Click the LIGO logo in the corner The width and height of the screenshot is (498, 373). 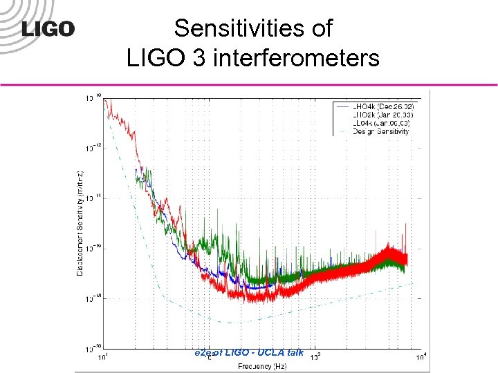[x=48, y=28]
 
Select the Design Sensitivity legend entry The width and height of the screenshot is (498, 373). [x=380, y=131]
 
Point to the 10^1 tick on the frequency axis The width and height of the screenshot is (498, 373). [x=103, y=356]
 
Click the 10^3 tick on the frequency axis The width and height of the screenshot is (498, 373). [x=314, y=356]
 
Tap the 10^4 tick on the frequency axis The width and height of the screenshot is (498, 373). [x=421, y=356]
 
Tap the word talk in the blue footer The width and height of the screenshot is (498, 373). [x=295, y=352]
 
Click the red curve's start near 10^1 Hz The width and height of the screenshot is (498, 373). [x=106, y=102]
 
